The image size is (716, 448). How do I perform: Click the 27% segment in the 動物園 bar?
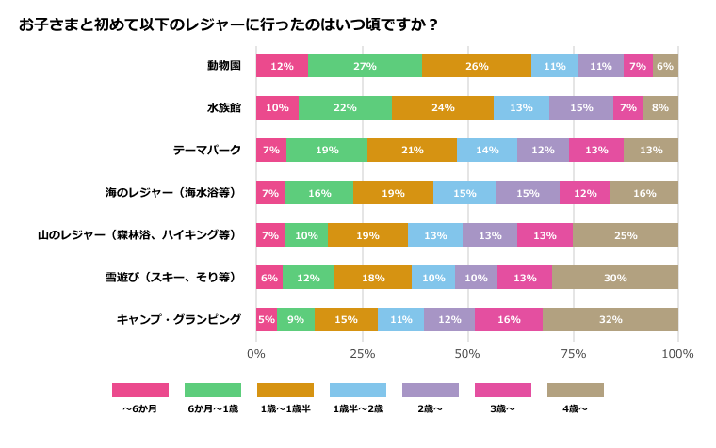coord(365,66)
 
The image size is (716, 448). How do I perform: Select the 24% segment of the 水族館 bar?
coord(443,108)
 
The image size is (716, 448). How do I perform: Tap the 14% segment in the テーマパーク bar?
coord(487,151)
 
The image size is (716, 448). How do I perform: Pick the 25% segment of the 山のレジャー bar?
coord(626,235)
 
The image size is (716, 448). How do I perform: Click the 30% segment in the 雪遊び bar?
coord(615,278)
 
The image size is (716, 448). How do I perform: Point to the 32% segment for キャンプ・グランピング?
coord(610,320)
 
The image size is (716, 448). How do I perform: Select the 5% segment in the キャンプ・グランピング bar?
coord(267,320)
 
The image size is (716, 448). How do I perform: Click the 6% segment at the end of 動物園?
coord(665,66)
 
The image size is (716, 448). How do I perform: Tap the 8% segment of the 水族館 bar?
coord(660,108)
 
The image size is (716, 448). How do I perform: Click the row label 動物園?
coord(224,66)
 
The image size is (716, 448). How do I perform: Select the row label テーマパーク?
coord(206,151)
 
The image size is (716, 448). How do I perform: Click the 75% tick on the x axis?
coord(573,354)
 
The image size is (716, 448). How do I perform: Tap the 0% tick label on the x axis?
coord(256,354)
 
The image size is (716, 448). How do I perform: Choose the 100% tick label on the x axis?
coord(677,354)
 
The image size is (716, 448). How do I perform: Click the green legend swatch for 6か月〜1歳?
coord(213,390)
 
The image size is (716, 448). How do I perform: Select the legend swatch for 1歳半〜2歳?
coord(358,390)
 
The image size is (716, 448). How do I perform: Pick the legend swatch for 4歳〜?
coord(576,390)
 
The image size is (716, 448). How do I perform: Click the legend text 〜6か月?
coord(140,409)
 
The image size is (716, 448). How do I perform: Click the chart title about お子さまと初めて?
coord(229,24)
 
